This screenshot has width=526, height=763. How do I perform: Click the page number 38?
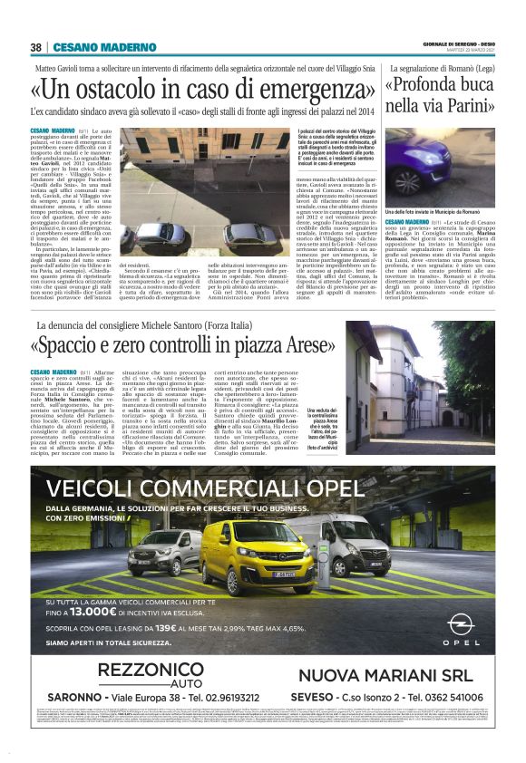(35, 47)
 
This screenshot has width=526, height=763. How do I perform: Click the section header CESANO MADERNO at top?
(90, 47)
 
